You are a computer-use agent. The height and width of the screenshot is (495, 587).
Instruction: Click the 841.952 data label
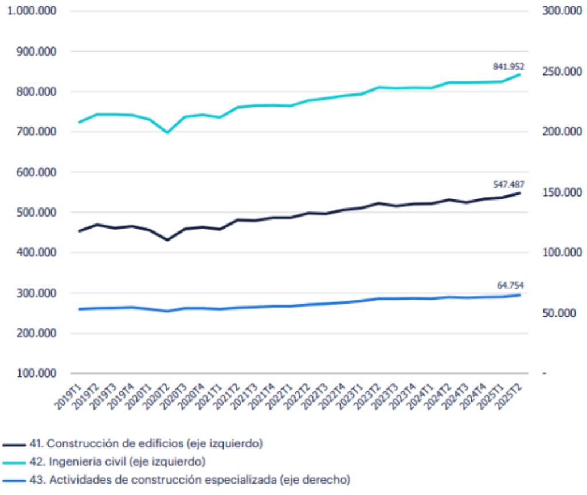click(508, 67)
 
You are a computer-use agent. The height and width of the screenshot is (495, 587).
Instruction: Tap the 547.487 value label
click(508, 184)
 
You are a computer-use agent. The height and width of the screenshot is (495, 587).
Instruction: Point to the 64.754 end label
click(510, 285)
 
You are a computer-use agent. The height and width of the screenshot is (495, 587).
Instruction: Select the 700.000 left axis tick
click(36, 132)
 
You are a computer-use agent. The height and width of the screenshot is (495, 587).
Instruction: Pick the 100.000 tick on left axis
click(36, 374)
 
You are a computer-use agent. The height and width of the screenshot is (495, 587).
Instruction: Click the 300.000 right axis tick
click(562, 11)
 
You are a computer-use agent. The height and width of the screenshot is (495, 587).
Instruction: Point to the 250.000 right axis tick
click(562, 72)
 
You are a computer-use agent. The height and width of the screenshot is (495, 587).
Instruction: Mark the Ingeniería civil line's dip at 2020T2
click(167, 132)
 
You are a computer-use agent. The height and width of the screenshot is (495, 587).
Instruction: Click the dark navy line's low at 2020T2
click(167, 239)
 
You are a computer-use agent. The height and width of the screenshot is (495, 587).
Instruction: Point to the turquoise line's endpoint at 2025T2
click(520, 74)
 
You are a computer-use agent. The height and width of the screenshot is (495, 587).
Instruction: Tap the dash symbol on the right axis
click(545, 374)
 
